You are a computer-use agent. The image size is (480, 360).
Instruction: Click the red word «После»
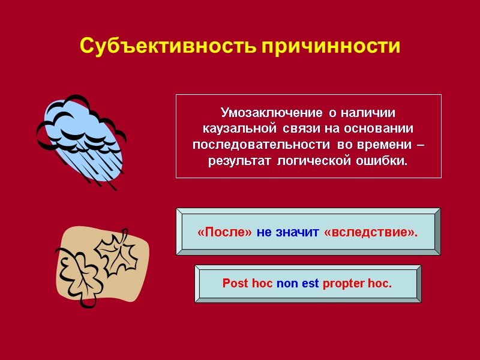click(224, 232)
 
